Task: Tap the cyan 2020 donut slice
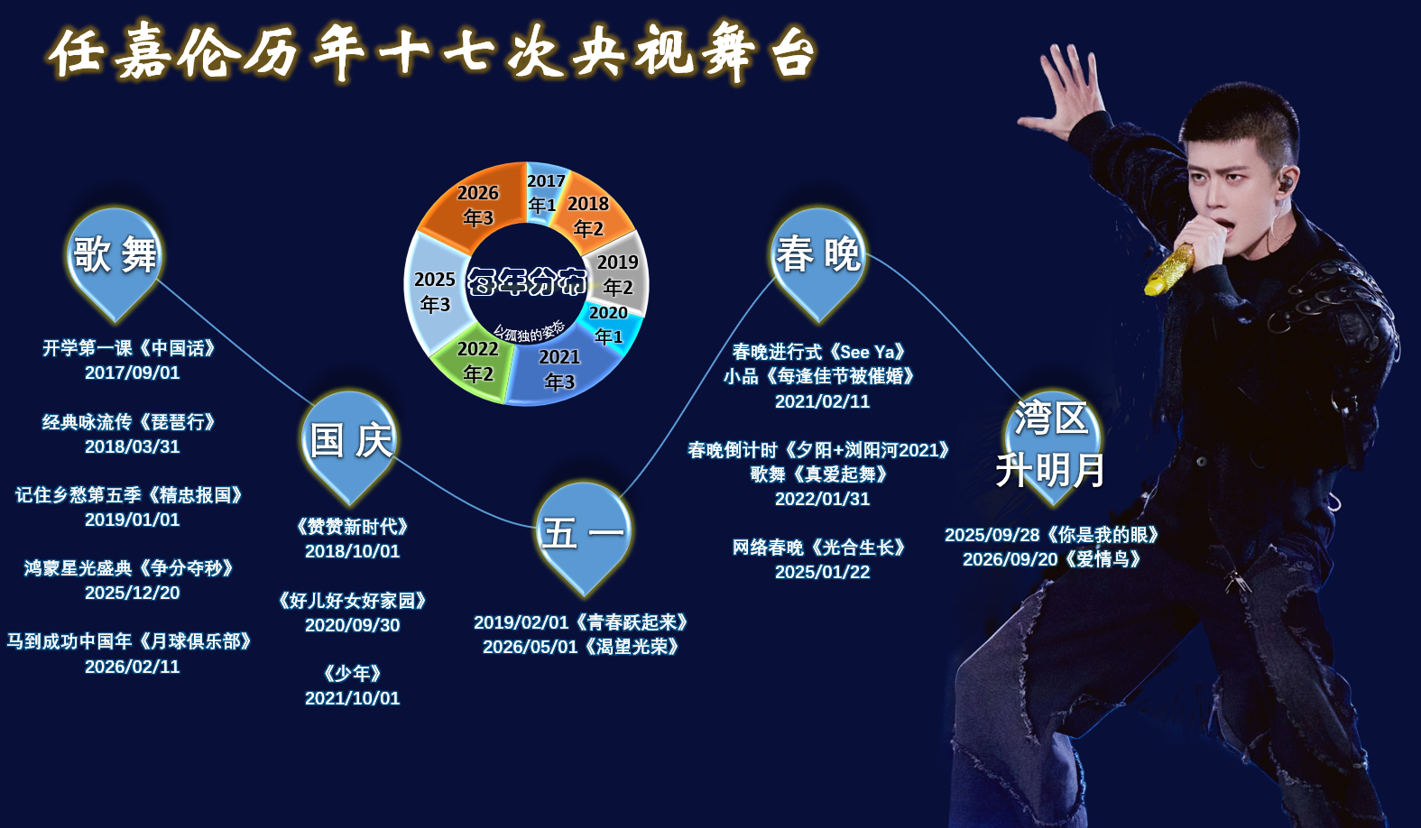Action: pyautogui.click(x=610, y=325)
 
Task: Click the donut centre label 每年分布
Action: pyautogui.click(x=527, y=281)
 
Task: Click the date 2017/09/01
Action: pyautogui.click(x=133, y=373)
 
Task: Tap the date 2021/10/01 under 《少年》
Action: pyautogui.click(x=353, y=699)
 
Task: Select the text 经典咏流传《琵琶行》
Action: pyautogui.click(x=129, y=422)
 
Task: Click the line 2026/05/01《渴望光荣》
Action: pyautogui.click(x=581, y=648)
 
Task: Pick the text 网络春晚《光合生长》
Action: pyautogui.click(x=819, y=547)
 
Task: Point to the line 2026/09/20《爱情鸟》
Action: pyautogui.click(x=1052, y=560)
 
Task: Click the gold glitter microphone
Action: pyautogui.click(x=1168, y=270)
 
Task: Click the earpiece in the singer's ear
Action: pyautogui.click(x=1286, y=182)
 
